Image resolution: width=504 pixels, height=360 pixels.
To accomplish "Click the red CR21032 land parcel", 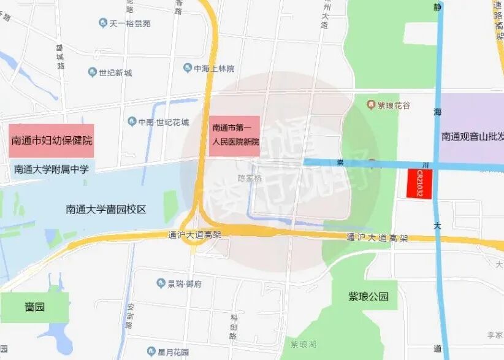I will point(420,183).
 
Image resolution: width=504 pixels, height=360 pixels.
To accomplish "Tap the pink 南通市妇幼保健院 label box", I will point(52,140).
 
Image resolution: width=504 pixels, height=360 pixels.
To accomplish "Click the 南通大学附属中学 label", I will point(51,169).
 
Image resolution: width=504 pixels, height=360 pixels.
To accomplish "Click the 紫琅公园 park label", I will point(368,296).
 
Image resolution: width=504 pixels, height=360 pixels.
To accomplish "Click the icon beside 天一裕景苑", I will point(102,23).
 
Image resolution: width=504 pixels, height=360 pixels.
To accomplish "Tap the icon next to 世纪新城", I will point(93,73).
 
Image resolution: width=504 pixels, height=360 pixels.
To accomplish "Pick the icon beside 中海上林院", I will point(187,69).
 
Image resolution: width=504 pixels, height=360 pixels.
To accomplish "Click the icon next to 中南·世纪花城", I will point(131,121).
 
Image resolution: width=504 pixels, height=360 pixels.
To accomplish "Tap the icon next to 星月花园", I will point(151,351).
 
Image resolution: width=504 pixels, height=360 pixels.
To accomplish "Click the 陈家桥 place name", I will point(250,178).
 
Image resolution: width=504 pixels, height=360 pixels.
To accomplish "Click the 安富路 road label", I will point(129,316).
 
